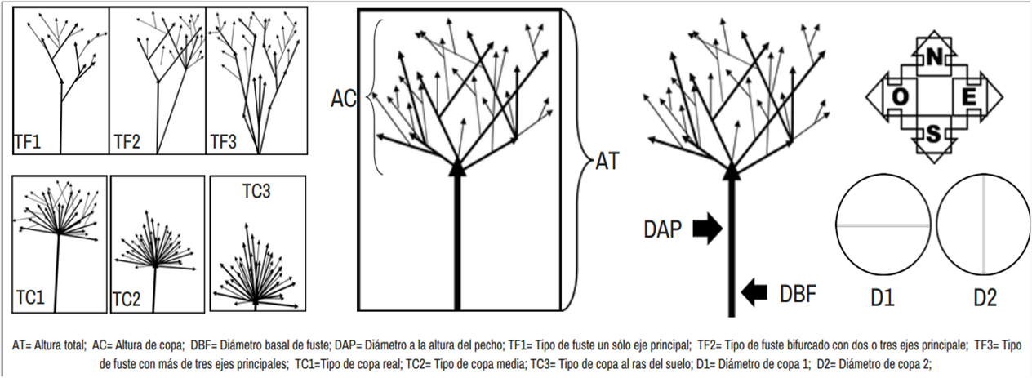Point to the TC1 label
[31, 295]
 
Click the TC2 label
[127, 300]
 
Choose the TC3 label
[257, 192]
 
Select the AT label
[607, 161]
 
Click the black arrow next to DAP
[707, 230]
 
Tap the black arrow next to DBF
[755, 290]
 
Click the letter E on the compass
[969, 96]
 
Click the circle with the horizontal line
[883, 225]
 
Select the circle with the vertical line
[983, 225]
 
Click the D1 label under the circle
[883, 297]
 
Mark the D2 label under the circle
[985, 297]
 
